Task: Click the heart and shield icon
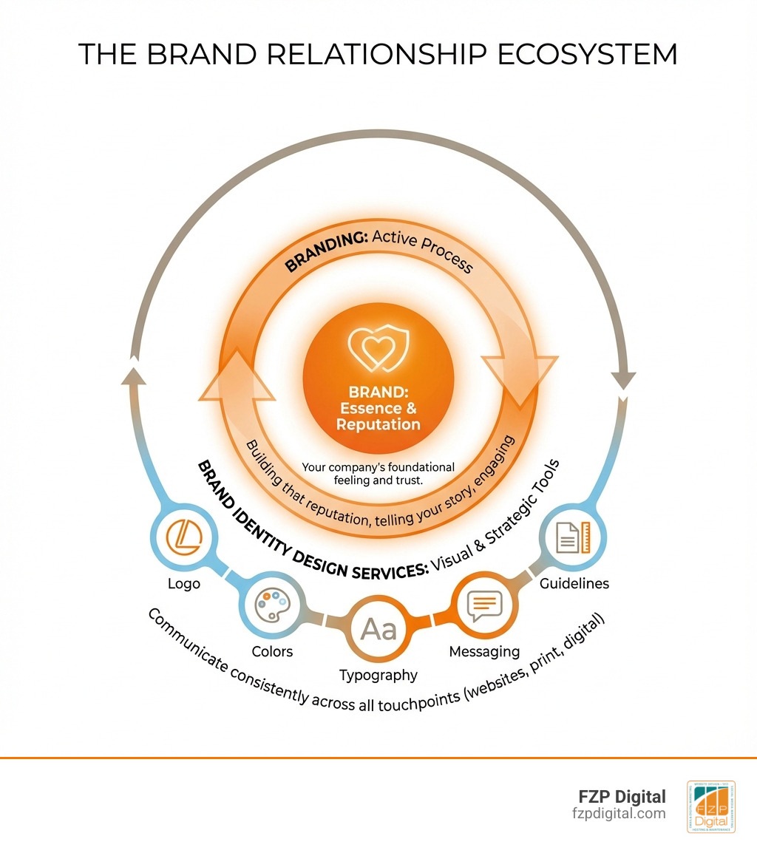[378, 349]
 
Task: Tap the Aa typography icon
[378, 629]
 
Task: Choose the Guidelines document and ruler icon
[574, 537]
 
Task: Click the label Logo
[183, 584]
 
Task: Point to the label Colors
[272, 651]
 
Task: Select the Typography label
[378, 675]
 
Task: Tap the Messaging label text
[484, 651]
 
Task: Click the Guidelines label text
[574, 583]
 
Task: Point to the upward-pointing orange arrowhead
[237, 377]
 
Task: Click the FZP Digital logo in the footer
[710, 806]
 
